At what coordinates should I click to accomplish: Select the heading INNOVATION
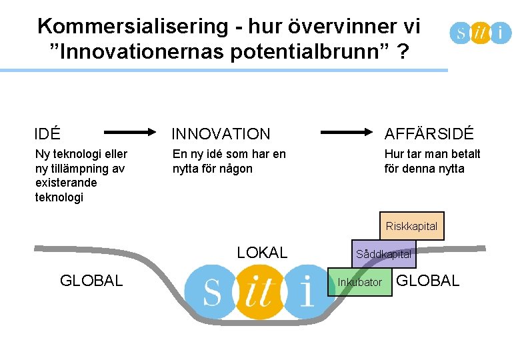221,134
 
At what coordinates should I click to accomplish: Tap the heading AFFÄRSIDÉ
429,134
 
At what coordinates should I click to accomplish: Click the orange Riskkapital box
411,226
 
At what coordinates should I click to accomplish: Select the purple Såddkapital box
383,254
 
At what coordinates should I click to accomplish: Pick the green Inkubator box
360,283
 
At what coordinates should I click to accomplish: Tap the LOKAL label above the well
263,253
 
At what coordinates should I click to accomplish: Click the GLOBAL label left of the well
91,281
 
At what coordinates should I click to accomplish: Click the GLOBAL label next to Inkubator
428,281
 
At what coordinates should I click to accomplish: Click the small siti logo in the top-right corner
480,31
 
